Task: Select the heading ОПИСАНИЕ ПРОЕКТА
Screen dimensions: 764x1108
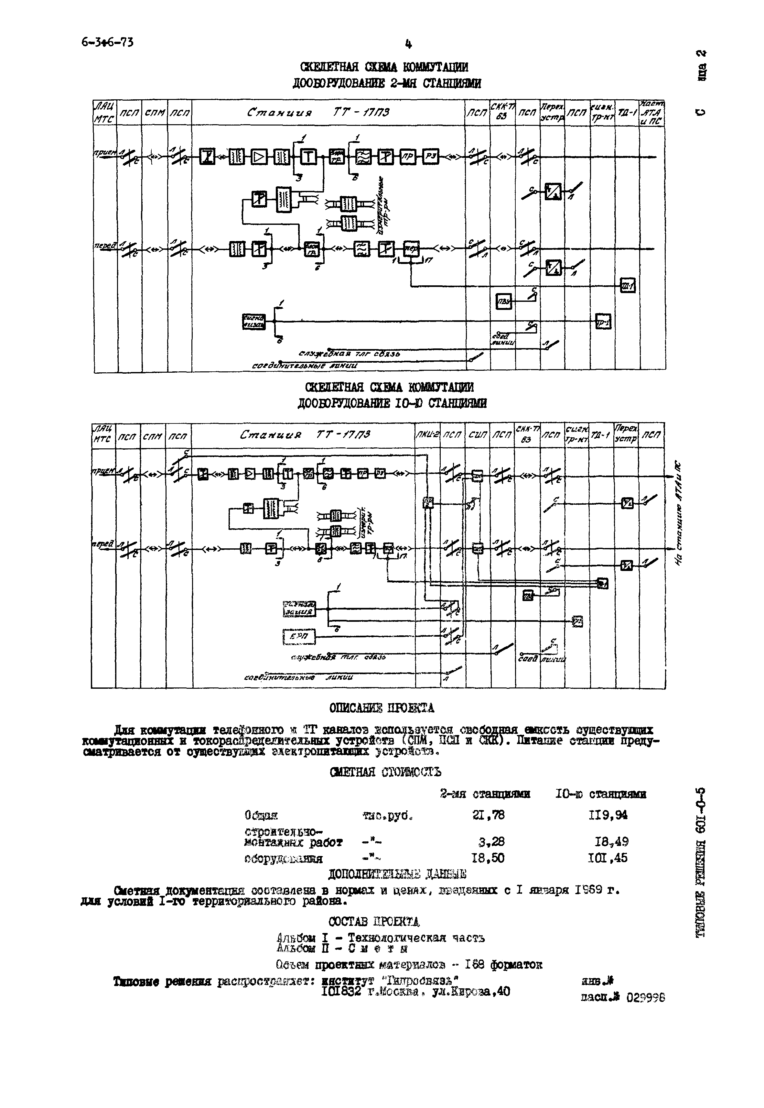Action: [382, 708]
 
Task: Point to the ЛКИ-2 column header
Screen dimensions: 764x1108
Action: [427, 435]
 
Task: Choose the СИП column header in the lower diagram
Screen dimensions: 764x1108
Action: [477, 435]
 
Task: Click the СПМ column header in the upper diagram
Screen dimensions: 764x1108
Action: [155, 113]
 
